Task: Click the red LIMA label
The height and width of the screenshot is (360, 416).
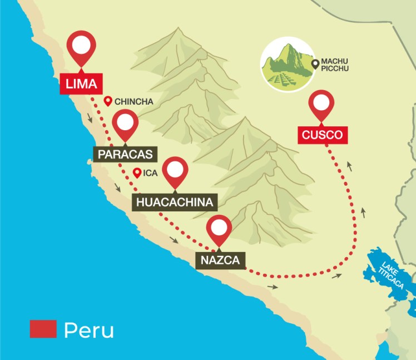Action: coord(81,84)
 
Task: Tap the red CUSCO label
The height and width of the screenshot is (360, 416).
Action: coord(322,135)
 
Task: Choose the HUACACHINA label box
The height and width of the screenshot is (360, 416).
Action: coord(174,202)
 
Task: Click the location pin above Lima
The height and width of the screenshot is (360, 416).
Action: coord(81,47)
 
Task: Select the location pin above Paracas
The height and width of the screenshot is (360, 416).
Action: coord(125,124)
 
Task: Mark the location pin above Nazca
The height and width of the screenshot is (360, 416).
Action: coord(219,229)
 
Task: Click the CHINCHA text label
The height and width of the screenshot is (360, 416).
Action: coord(133,101)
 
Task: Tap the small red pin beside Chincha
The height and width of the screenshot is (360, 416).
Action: coord(108,101)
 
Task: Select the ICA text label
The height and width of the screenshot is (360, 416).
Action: coord(151,173)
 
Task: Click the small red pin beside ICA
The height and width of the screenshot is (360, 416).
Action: coord(137,172)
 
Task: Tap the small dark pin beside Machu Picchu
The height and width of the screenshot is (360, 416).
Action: coord(316,65)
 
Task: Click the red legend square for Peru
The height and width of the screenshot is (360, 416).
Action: coord(43,329)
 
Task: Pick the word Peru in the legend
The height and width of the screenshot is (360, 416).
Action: coord(89,330)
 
